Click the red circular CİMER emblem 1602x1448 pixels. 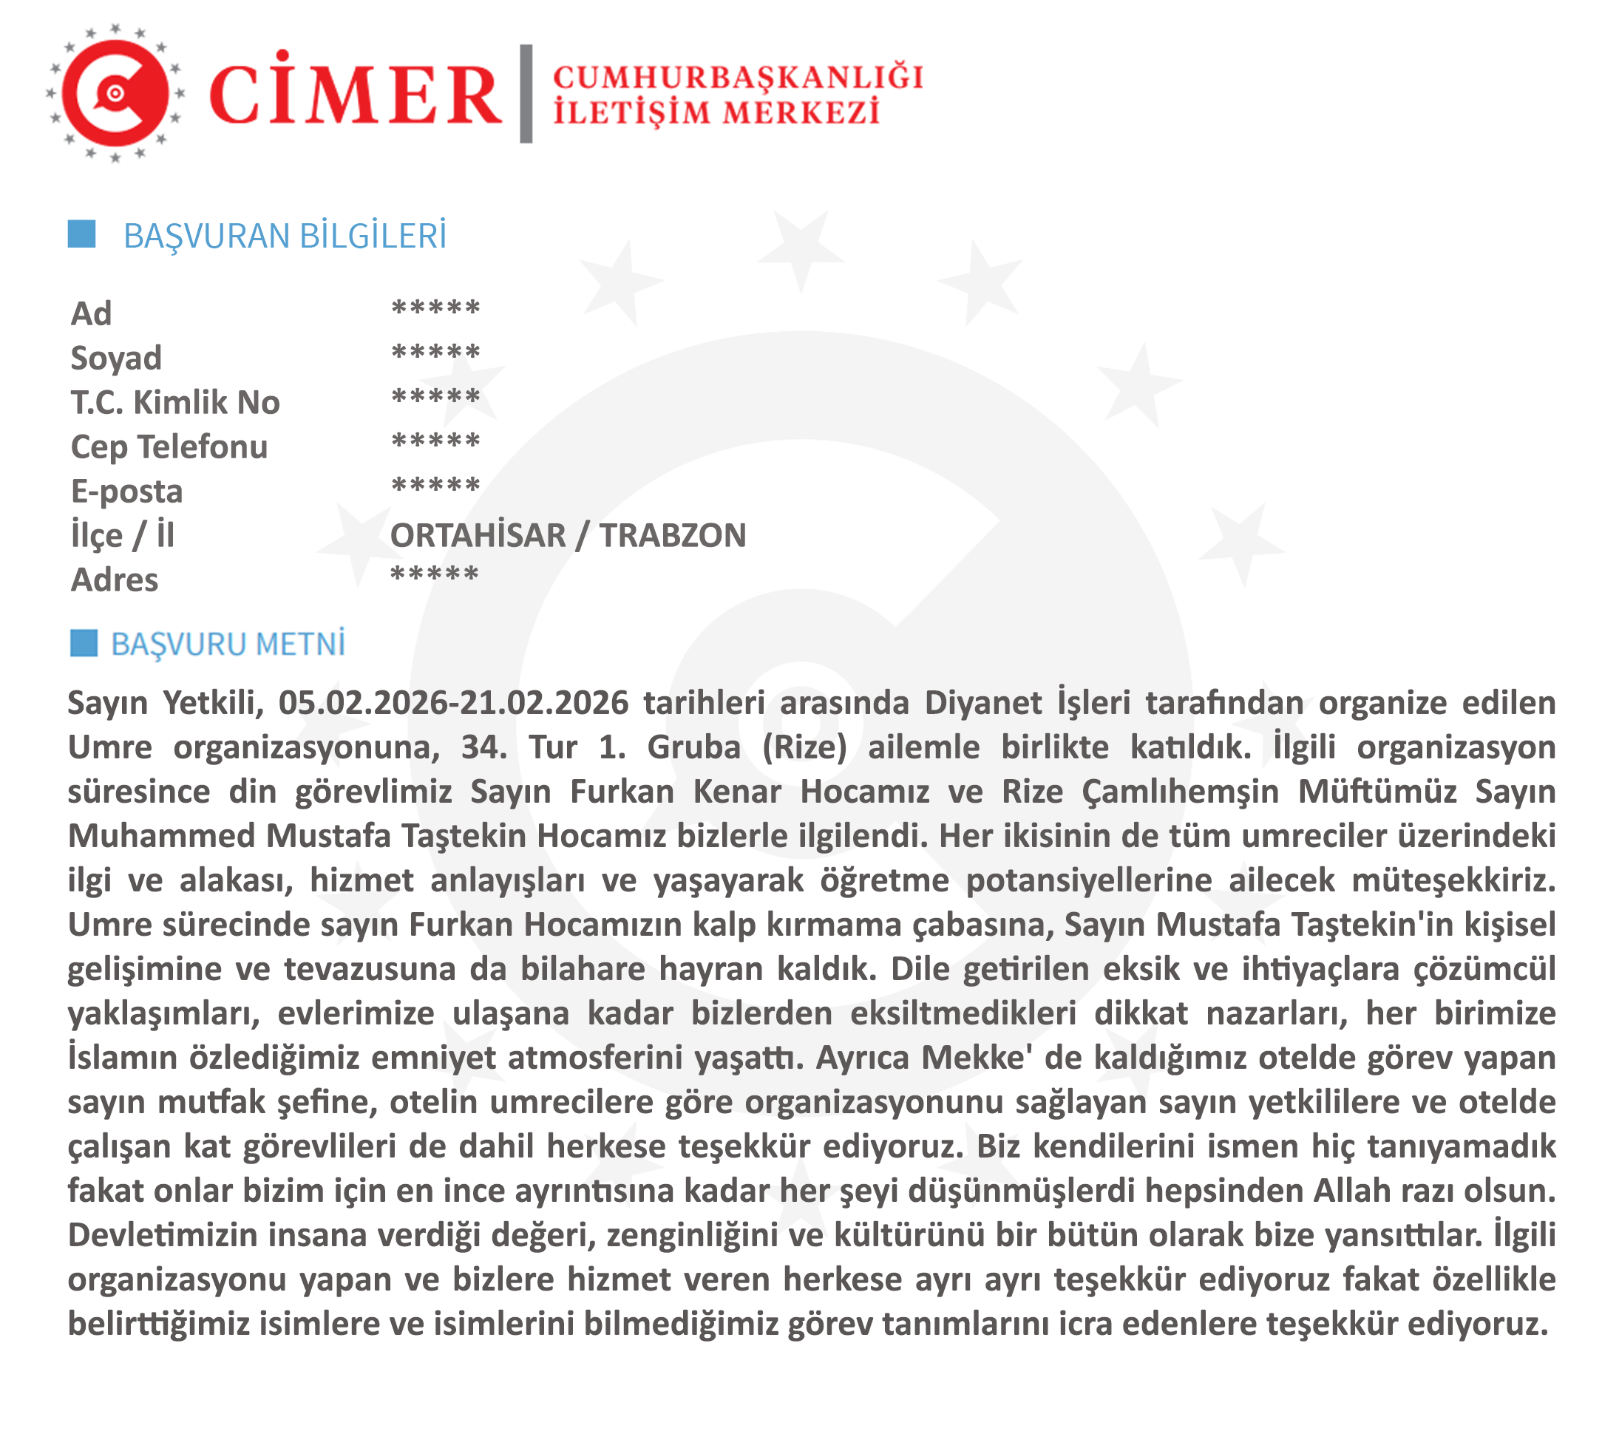tap(115, 94)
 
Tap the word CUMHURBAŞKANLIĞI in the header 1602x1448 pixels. tap(739, 78)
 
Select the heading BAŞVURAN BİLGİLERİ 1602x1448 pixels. tap(285, 237)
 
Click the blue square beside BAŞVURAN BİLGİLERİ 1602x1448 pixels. tap(82, 234)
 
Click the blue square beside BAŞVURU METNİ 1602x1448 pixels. tap(84, 643)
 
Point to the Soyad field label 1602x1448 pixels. tap(116, 358)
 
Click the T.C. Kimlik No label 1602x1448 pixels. tap(174, 403)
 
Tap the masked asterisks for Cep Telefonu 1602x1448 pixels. tap(435, 442)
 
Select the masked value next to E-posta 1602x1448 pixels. tap(435, 486)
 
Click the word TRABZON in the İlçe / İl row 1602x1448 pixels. tap(672, 536)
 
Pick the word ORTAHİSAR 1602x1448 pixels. tap(478, 536)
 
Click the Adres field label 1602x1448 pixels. tap(115, 580)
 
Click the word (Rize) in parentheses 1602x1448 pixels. tap(804, 748)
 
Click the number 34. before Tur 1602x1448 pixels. tap(484, 748)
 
